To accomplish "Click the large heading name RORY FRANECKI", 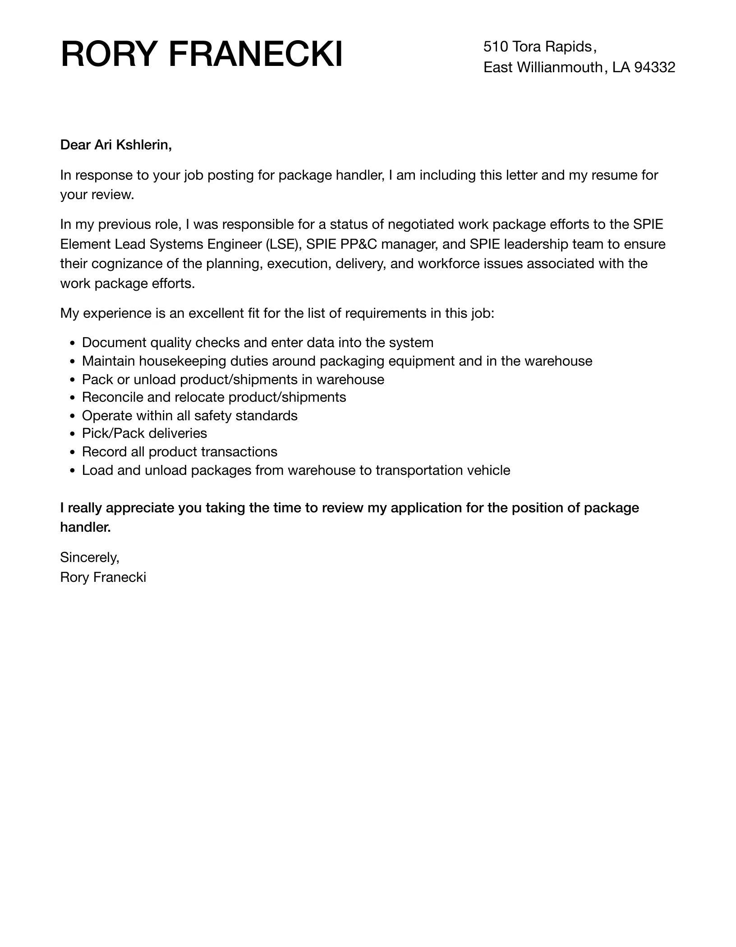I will tap(201, 55).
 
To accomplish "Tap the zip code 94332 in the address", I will tap(654, 67).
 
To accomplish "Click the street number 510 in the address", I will tap(496, 46).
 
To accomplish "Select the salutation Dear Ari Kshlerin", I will tap(116, 145).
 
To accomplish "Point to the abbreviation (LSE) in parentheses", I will tap(283, 244).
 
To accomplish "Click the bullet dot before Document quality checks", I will tap(73, 344).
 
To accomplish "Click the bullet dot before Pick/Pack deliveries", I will tap(73, 434).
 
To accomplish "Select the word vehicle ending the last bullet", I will tap(488, 470).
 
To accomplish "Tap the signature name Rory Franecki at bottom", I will tap(103, 577).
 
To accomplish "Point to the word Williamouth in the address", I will tap(559, 67).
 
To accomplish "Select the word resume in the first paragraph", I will tap(615, 175).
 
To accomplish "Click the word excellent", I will tap(216, 313).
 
